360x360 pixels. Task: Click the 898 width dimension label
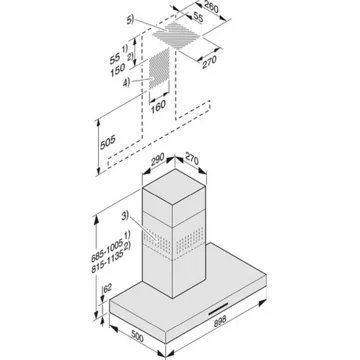pos(219,321)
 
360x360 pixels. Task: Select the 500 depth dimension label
pos(136,337)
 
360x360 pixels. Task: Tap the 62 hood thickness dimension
pos(107,289)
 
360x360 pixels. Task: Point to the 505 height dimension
pos(108,142)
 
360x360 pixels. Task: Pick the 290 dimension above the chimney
pos(157,160)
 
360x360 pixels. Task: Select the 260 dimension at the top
pos(210,7)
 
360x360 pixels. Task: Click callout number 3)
pos(125,216)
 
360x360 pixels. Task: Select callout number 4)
pos(126,82)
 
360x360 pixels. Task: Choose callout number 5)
pos(130,20)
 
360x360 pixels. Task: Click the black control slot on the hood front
pos(219,309)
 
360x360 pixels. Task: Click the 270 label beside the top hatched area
pos(209,62)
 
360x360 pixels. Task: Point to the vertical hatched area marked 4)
pos(159,69)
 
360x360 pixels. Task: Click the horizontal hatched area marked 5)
pos(178,36)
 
